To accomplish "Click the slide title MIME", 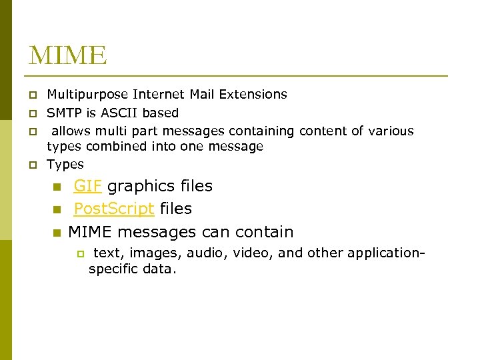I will tap(67, 55).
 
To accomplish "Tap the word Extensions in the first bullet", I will tap(256, 95).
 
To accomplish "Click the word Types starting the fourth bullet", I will tap(65, 164).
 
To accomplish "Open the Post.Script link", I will tap(114, 209).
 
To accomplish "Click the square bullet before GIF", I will tap(57, 187).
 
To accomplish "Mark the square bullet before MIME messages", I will tap(57, 233).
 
